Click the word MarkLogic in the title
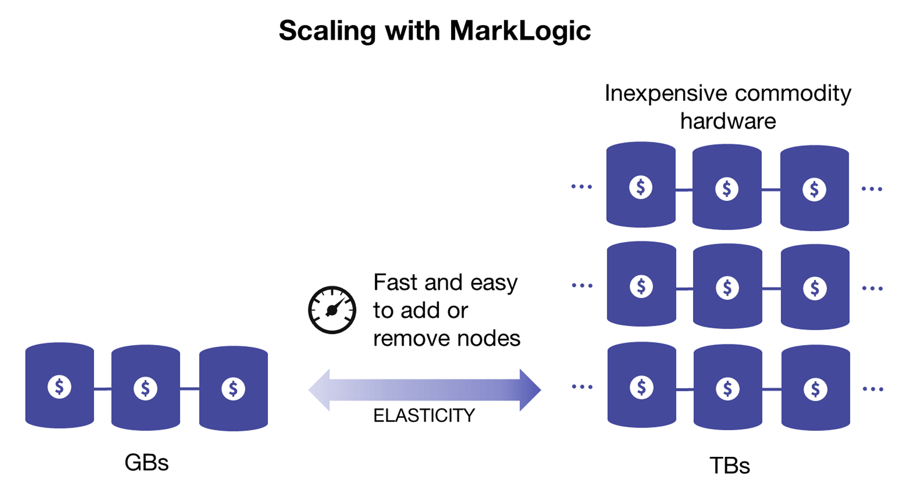520,31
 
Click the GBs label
146,463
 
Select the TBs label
729,465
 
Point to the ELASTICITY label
424,415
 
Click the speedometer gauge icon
332,310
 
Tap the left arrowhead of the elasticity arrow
319,390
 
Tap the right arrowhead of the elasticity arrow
530,390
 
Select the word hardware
728,121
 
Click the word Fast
396,283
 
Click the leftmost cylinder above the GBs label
59,385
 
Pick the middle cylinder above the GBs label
145,388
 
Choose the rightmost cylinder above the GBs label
234,389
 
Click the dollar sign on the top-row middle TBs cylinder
727,189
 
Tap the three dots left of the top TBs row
581,187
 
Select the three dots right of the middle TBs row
872,288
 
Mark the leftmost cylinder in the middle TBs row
641,285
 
